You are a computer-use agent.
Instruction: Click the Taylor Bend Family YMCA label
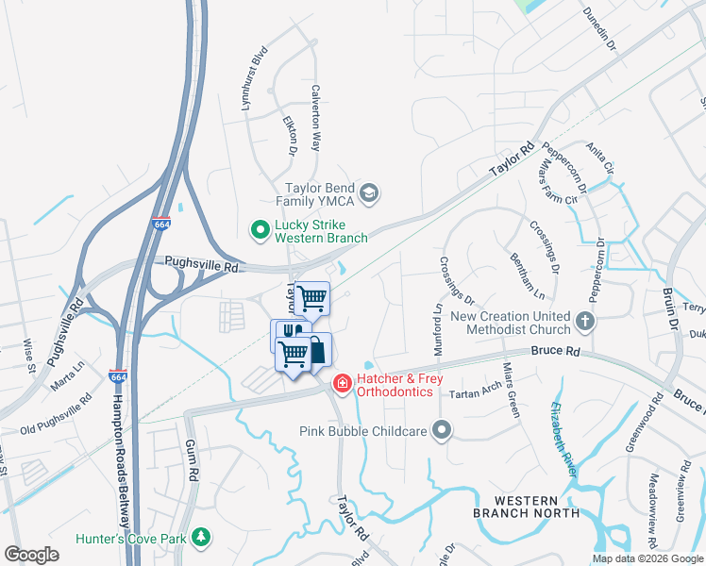tap(326, 195)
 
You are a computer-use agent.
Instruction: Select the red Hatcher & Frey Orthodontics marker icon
tap(341, 383)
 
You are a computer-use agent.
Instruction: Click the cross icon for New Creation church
tap(585, 322)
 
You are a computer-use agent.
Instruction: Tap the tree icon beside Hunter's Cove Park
tap(200, 538)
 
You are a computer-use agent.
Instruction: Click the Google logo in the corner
tap(31, 555)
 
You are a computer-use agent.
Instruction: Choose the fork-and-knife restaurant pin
tap(288, 336)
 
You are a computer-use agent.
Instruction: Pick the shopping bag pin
tap(316, 349)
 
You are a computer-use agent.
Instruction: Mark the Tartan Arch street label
tap(475, 391)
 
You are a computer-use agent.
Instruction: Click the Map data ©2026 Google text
tap(647, 558)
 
